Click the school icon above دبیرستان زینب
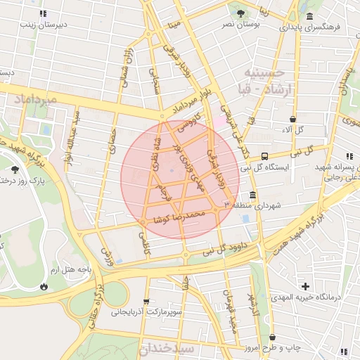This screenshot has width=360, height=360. click(x=44, y=13)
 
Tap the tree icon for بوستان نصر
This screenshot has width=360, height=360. click(x=241, y=13)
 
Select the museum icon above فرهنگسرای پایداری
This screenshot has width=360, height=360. click(x=309, y=17)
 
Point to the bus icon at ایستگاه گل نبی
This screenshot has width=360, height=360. click(x=264, y=156)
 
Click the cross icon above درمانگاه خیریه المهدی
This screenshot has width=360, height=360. click(x=305, y=286)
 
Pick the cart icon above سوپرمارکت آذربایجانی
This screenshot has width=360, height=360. click(x=146, y=301)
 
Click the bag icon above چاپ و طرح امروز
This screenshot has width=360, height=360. click(x=271, y=338)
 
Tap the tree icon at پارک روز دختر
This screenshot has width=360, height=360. click(x=15, y=169)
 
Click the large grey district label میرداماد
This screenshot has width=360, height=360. click(x=29, y=100)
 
